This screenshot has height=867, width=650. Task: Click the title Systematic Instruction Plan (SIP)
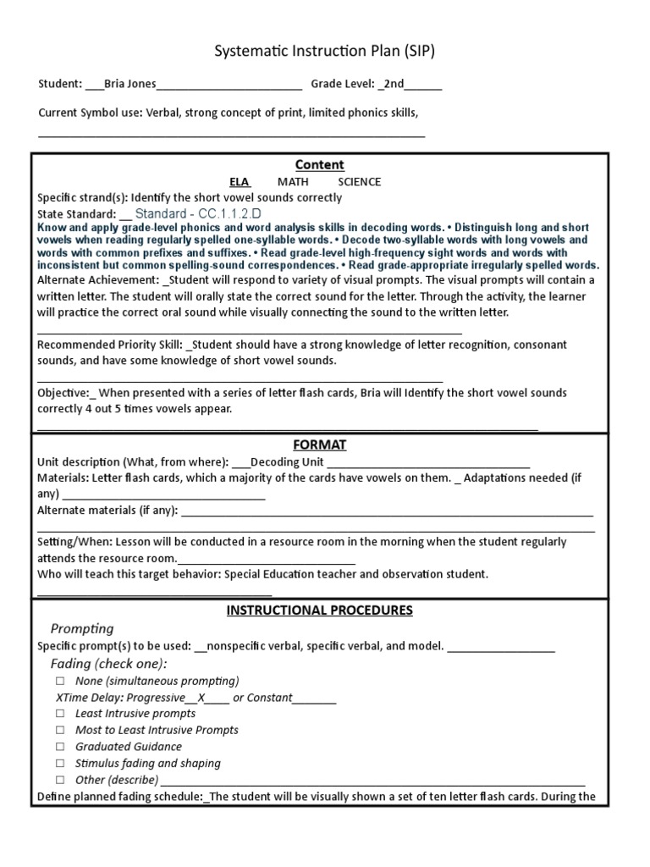click(325, 52)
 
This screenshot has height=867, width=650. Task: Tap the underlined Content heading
click(319, 164)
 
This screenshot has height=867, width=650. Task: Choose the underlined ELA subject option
click(240, 181)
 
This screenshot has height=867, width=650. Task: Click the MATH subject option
click(293, 181)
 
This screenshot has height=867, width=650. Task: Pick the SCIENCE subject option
click(359, 181)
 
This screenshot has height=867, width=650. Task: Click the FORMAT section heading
click(319, 445)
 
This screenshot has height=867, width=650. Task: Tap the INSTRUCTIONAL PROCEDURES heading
click(319, 610)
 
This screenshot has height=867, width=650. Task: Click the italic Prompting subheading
click(82, 628)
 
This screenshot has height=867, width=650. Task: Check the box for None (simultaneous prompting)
click(60, 681)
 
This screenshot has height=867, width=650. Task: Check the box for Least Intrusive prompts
click(60, 714)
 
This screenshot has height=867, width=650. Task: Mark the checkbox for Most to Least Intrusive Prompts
click(60, 730)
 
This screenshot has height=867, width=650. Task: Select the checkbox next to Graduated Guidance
click(60, 747)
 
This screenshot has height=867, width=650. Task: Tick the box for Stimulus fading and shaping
click(60, 763)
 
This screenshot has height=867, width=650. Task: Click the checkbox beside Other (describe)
click(60, 780)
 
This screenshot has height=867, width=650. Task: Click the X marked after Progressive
click(201, 698)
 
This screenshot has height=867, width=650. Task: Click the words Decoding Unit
click(288, 462)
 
